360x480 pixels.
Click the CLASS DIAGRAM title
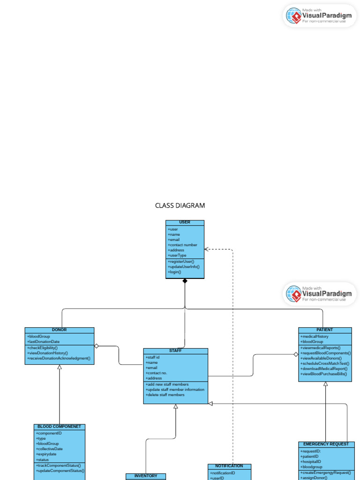coord(180,205)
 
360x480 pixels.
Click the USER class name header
coord(185,222)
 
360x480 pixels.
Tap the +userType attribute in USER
coord(177,255)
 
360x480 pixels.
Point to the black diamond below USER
coord(185,281)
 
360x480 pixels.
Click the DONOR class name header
coord(59,330)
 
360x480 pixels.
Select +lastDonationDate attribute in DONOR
coord(43,342)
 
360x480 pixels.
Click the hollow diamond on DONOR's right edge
coord(97,346)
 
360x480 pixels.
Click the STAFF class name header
coord(175,351)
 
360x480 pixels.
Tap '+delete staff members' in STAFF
coord(165,395)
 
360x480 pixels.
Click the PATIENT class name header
coord(325,330)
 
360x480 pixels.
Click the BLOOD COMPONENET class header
coord(60,427)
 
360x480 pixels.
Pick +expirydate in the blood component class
coord(46,454)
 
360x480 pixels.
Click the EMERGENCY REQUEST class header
coord(326,444)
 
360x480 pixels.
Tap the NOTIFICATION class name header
coord(229,466)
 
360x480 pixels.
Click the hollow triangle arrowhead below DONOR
coord(60,367)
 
